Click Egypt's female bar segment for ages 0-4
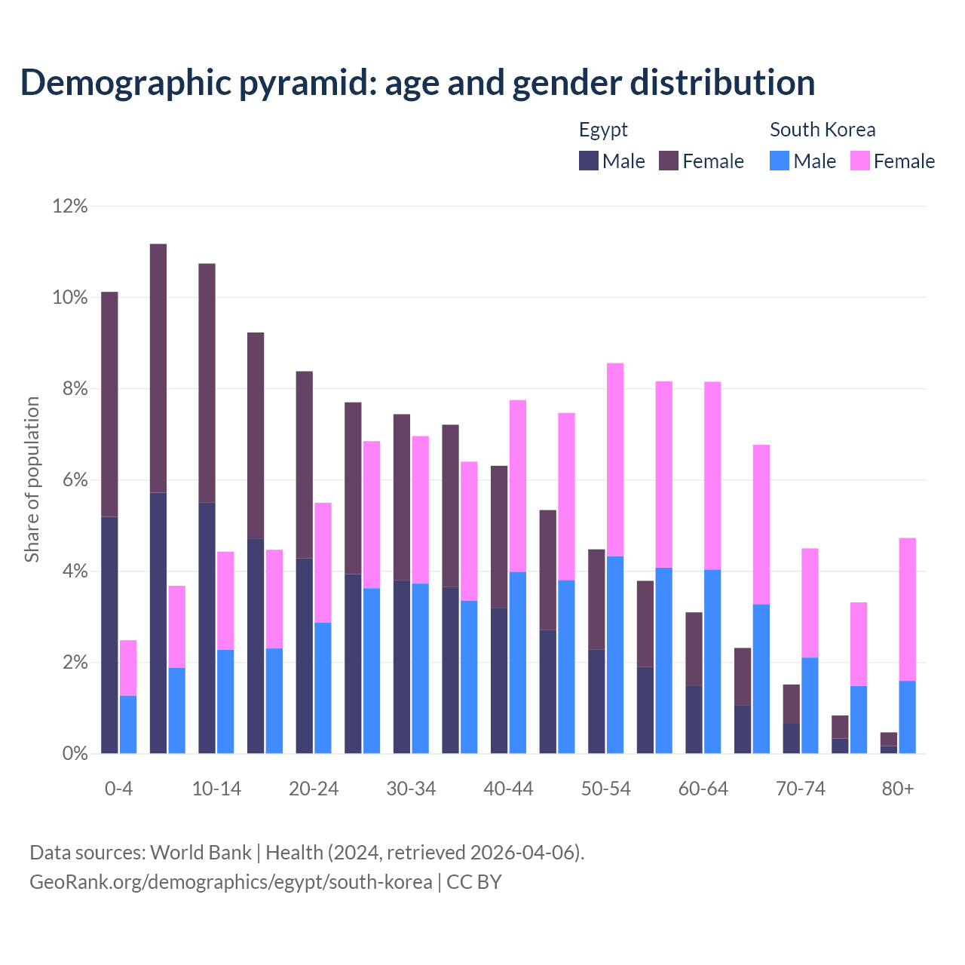pos(109,404)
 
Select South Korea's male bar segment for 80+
pos(908,717)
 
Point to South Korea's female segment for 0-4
pos(128,668)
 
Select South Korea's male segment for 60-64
pos(712,661)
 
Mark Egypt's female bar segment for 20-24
pos(304,464)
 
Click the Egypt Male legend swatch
pos(589,161)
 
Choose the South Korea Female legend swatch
pos(859,161)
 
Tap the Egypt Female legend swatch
pos(669,161)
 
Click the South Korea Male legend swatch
pos(780,161)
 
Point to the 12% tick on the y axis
pos(70,206)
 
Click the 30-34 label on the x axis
pos(411,789)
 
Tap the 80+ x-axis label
pos(898,789)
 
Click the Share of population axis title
pos(32,479)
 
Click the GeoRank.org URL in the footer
pos(231,881)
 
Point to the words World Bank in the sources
pos(201,853)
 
